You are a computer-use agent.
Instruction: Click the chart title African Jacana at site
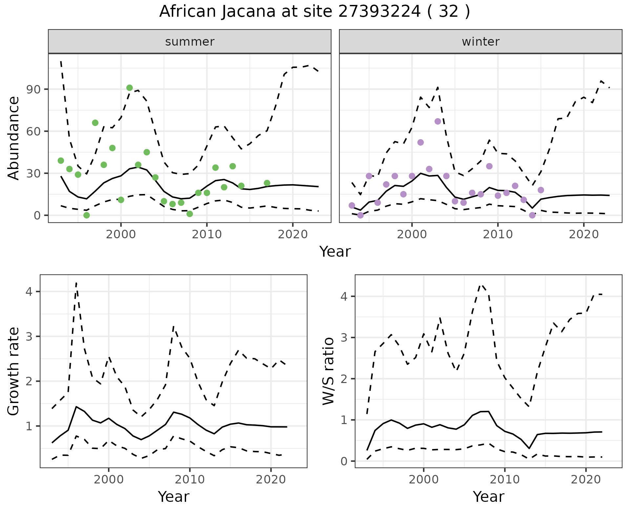click(314, 12)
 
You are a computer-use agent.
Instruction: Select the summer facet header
click(190, 42)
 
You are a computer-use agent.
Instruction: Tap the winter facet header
click(480, 42)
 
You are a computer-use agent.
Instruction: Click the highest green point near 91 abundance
click(130, 88)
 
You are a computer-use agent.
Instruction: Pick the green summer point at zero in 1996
click(87, 215)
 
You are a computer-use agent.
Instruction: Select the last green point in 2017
click(267, 183)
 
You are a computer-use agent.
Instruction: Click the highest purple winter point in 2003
click(438, 121)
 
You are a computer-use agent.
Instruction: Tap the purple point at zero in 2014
click(532, 215)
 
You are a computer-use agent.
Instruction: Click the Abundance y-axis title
click(14, 138)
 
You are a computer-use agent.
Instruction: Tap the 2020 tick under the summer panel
click(292, 235)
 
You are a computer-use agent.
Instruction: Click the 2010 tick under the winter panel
click(497, 235)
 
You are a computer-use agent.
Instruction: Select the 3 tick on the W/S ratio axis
click(344, 338)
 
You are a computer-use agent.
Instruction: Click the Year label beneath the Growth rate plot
click(174, 497)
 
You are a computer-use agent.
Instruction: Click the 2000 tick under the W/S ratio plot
click(423, 480)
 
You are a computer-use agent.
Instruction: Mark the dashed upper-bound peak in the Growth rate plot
click(76, 283)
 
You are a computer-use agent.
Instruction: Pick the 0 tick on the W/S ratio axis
click(344, 461)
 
